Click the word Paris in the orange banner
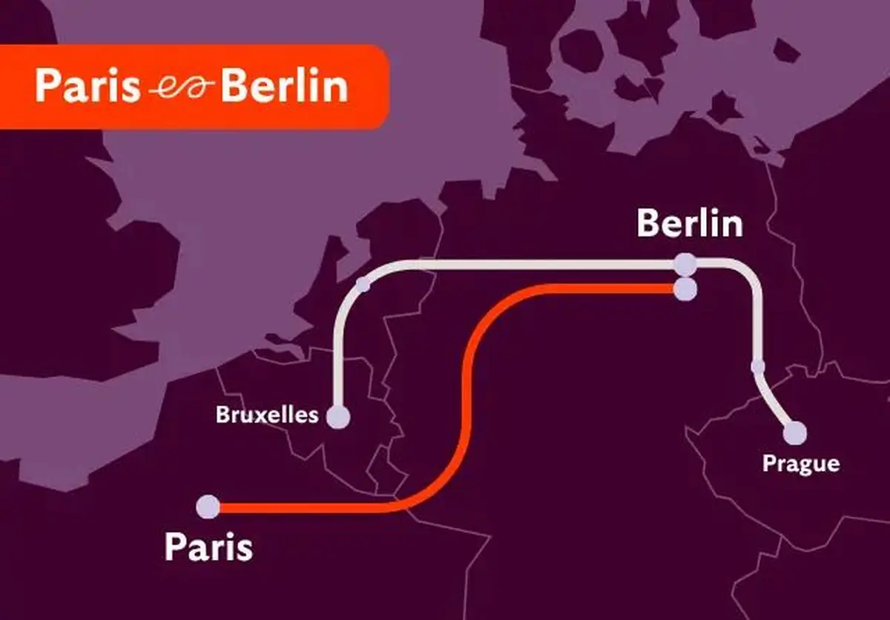pos(87,87)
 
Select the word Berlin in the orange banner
pos(284,87)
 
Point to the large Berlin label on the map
pos(689,224)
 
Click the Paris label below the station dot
pos(208,547)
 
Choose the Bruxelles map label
pos(267,415)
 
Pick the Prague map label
pos(801,464)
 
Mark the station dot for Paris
pos(208,507)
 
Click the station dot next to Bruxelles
pos(339,417)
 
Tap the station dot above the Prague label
pos(794,432)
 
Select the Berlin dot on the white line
pos(685,264)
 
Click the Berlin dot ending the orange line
pos(685,288)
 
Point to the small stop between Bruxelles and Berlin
pos(363,283)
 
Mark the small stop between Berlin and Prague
pos(757,366)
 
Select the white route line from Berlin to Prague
pos(757,319)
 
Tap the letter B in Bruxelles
pos(221,415)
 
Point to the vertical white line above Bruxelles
pos(340,349)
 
